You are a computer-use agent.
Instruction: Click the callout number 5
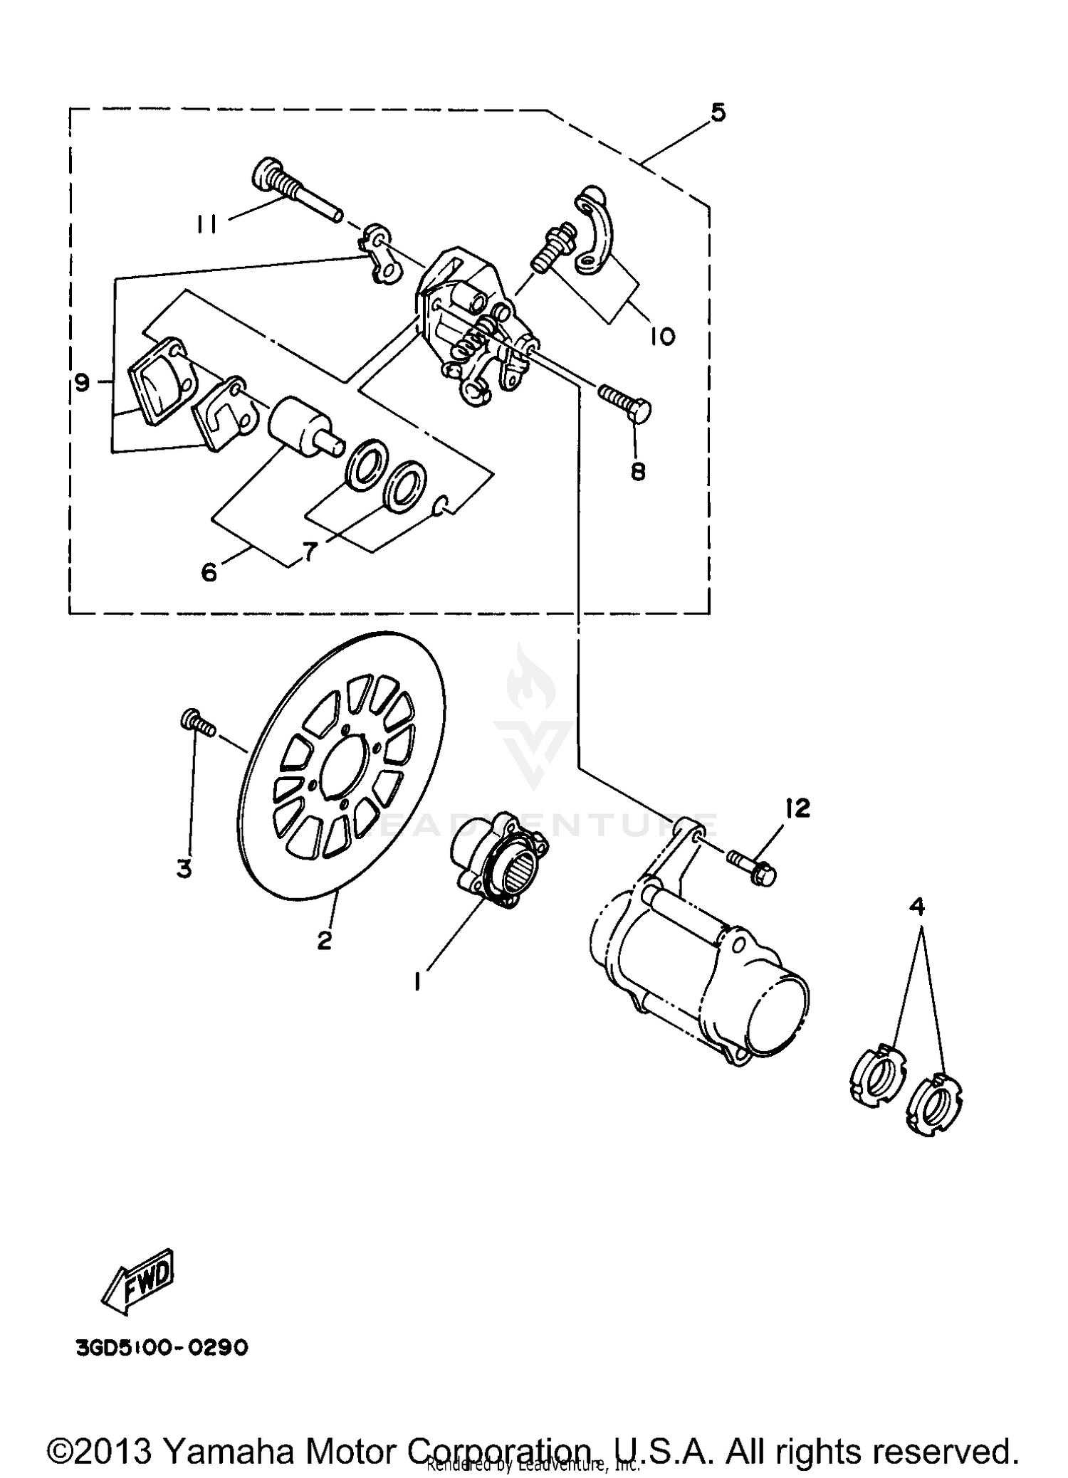point(717,112)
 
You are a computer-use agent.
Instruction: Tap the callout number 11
point(207,225)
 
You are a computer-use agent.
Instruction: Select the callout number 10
point(662,335)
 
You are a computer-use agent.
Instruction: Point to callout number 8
point(637,470)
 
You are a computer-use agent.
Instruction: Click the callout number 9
point(83,384)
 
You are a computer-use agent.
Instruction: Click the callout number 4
point(918,906)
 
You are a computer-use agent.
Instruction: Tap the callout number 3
point(184,868)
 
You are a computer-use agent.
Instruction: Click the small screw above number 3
point(197,724)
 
